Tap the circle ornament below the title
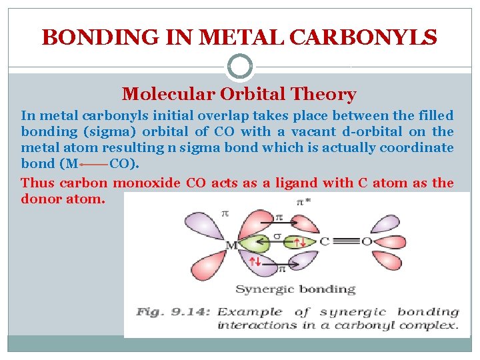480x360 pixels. (x=240, y=67)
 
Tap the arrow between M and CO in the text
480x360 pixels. (x=93, y=164)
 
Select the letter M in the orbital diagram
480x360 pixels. (x=231, y=245)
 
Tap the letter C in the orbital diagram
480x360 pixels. (x=325, y=241)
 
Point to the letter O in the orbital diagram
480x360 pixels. (x=365, y=241)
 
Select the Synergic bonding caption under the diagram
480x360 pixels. (x=295, y=289)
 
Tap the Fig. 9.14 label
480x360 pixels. (x=171, y=312)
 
